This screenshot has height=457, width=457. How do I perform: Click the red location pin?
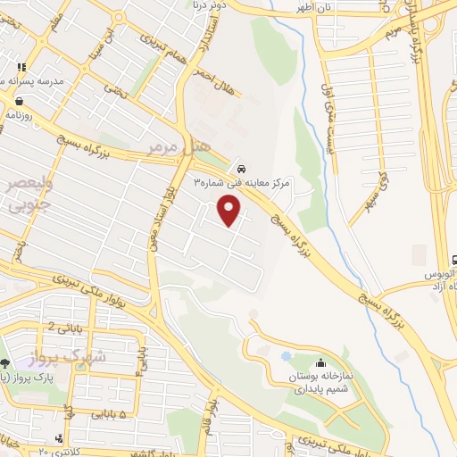point(230,209)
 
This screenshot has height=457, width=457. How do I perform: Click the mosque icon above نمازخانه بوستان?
point(320,363)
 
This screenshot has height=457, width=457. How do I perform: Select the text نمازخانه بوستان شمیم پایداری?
point(327,383)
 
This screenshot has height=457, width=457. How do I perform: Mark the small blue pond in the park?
point(287,356)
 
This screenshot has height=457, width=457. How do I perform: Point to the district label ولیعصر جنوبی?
point(29,195)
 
